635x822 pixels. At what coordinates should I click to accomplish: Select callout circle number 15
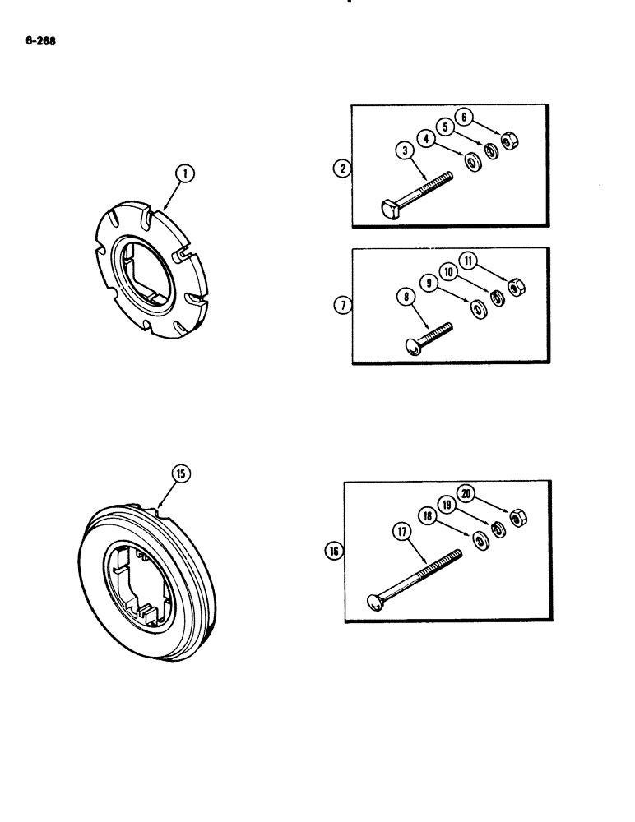point(181,473)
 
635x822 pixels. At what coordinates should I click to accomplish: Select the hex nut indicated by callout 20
point(518,517)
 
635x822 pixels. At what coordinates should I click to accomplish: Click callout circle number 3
point(406,150)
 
